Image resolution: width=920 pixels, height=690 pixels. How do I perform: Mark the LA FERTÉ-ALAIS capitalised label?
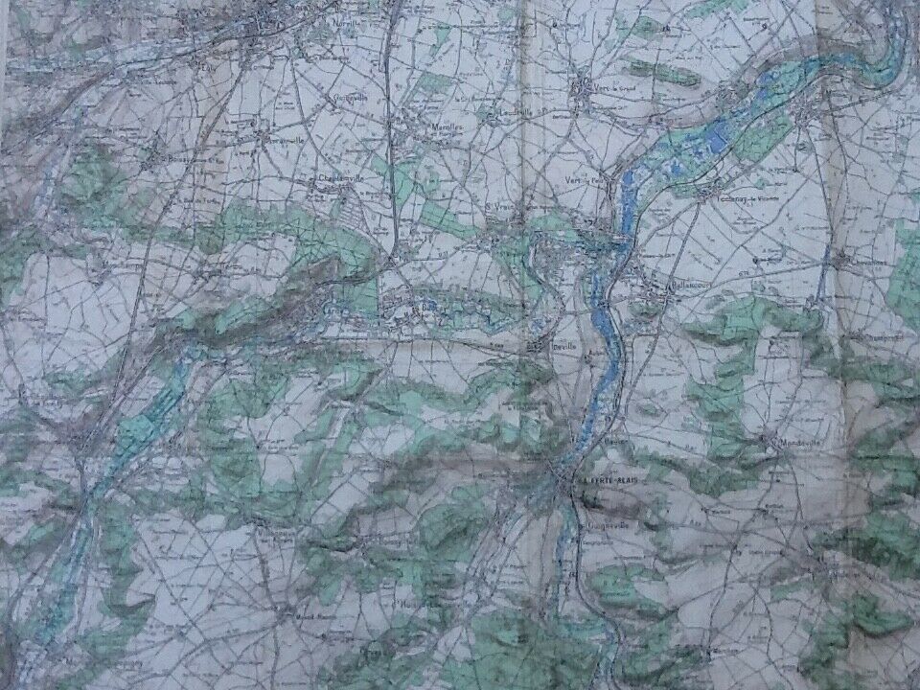[608, 477]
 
